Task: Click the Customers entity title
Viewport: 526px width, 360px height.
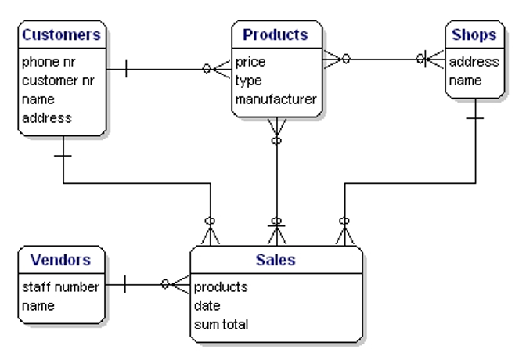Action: pyautogui.click(x=61, y=34)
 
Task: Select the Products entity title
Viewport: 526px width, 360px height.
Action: pyautogui.click(x=276, y=34)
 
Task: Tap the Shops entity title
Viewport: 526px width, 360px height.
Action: pyautogui.click(x=474, y=34)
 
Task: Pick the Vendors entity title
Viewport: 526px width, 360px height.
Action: pyautogui.click(x=61, y=260)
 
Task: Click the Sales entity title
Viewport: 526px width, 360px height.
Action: pyautogui.click(x=276, y=260)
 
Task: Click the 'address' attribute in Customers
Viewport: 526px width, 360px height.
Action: pyautogui.click(x=47, y=118)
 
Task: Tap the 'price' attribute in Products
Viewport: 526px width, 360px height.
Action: pyautogui.click(x=250, y=62)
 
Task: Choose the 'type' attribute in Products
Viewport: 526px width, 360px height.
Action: pyautogui.click(x=248, y=81)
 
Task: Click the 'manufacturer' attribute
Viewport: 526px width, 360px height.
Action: pyautogui.click(x=276, y=99)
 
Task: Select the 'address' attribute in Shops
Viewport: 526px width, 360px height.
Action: pyautogui.click(x=474, y=62)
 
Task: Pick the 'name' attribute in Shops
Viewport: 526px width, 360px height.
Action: pyautogui.click(x=465, y=81)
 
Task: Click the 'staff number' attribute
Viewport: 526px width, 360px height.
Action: pyautogui.click(x=61, y=287)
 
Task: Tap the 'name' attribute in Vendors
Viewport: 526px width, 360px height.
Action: pyautogui.click(x=38, y=306)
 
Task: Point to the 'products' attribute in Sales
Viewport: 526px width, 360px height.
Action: pyautogui.click(x=221, y=287)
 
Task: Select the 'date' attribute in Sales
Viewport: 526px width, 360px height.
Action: pyautogui.click(x=207, y=306)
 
